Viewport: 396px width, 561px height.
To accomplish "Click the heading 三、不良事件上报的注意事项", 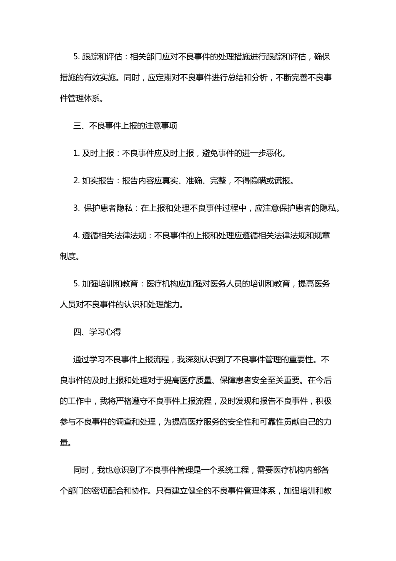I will (125, 126).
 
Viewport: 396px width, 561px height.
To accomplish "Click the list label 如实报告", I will (98, 181).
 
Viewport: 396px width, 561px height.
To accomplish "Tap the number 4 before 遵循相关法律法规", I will (76, 236).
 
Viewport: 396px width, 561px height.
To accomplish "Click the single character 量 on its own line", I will (64, 442).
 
